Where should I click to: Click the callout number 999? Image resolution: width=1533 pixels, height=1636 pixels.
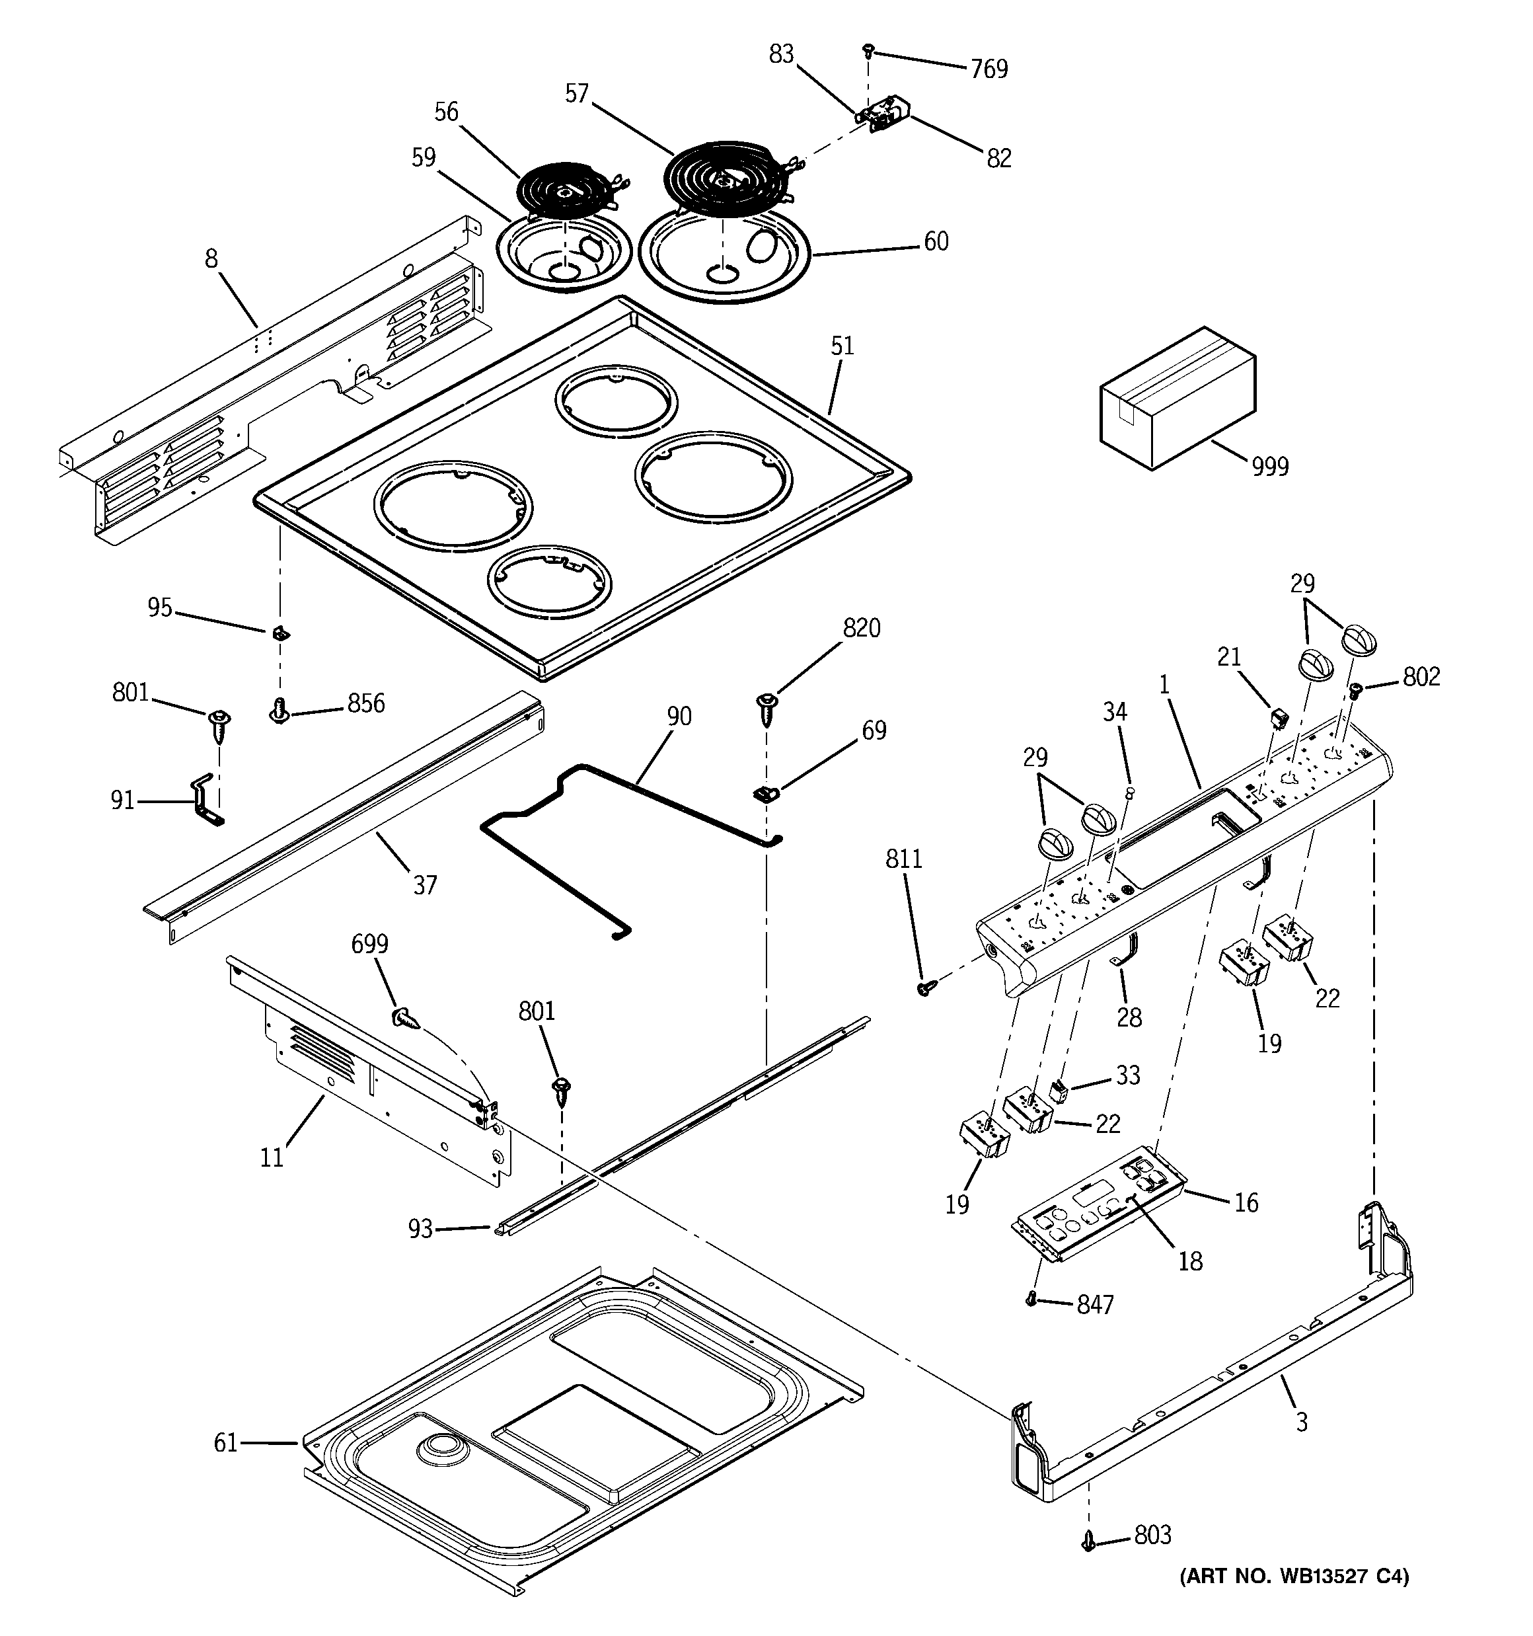(x=1270, y=467)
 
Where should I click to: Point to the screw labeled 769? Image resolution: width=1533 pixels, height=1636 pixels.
(x=868, y=51)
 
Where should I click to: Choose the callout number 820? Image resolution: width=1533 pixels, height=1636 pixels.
(x=861, y=628)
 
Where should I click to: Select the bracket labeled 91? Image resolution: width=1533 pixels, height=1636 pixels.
(x=204, y=800)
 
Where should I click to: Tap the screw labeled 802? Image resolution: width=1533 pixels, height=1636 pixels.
(x=1356, y=689)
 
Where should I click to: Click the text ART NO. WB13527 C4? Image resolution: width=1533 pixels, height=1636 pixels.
(x=1294, y=1576)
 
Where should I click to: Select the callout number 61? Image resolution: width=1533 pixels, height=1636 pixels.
(x=225, y=1442)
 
